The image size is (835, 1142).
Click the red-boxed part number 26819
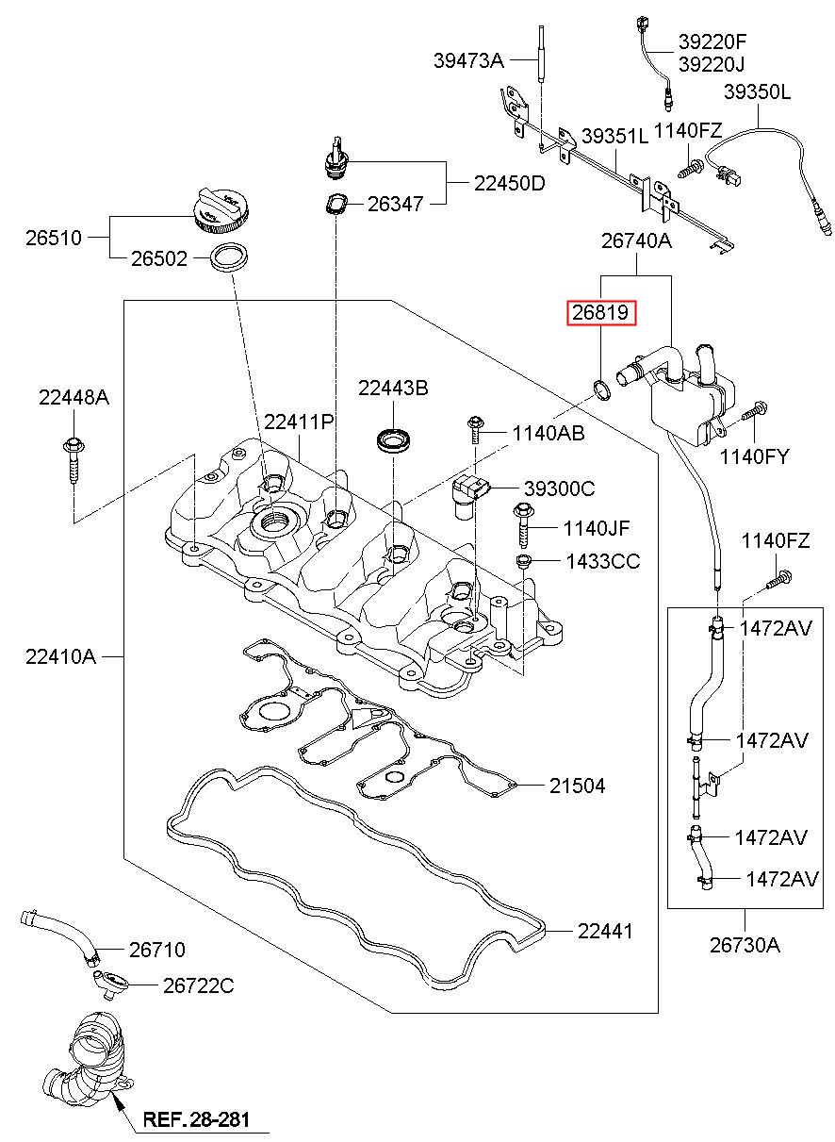601,312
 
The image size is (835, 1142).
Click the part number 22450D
510,183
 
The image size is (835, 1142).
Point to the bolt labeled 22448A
74,459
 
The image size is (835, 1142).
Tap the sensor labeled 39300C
469,497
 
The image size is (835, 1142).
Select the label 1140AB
548,434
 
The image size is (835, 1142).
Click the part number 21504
577,786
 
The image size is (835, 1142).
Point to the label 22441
605,932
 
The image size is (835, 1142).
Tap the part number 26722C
198,986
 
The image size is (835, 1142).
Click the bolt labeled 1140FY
755,411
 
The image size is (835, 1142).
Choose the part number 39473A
468,60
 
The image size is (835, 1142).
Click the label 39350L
758,92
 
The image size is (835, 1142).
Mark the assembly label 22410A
60,656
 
